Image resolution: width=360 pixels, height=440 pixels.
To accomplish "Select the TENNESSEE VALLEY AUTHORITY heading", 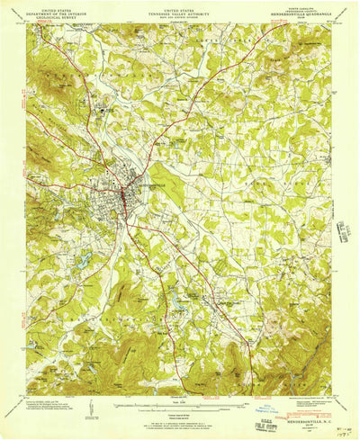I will point(179,10).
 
